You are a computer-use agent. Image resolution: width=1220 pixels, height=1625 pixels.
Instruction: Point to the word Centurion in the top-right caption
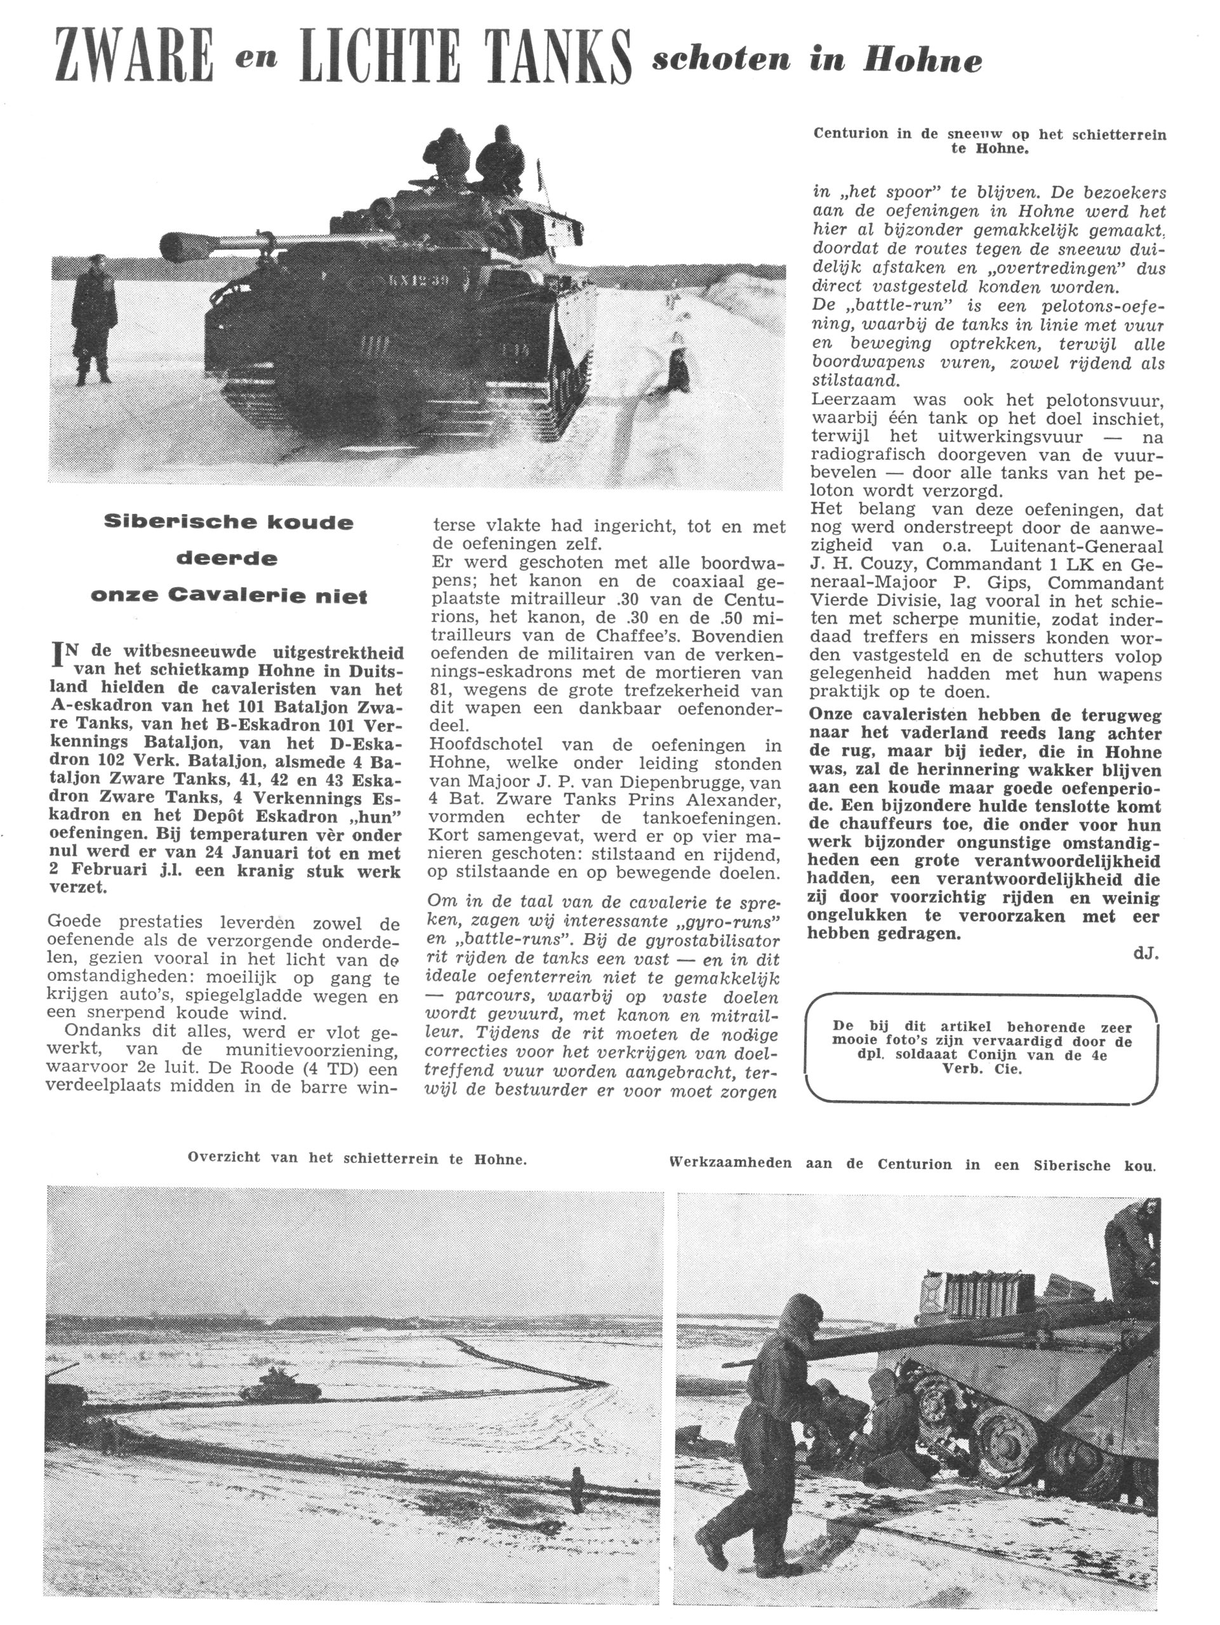pos(851,134)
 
